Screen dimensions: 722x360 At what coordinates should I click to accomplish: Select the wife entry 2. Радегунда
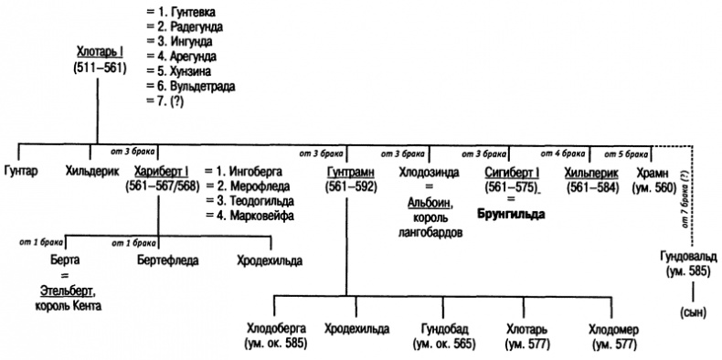[x=182, y=26]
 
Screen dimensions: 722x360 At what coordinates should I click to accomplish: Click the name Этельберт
[x=65, y=291]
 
